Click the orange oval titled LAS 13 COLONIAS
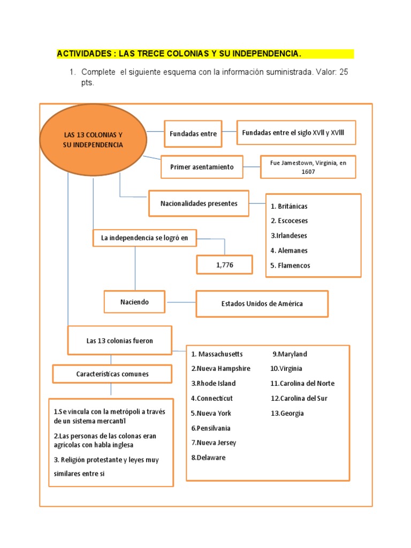pyautogui.click(x=93, y=140)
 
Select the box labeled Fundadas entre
pyautogui.click(x=193, y=134)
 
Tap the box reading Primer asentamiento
pyautogui.click(x=202, y=167)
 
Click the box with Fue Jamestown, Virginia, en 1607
pyautogui.click(x=308, y=167)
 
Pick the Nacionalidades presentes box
pyautogui.click(x=199, y=203)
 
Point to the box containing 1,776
pyautogui.click(x=225, y=264)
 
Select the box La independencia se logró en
pyautogui.click(x=144, y=238)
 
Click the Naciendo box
pyautogui.click(x=134, y=302)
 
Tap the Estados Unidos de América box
pyautogui.click(x=262, y=304)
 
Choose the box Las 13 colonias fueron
pyautogui.click(x=119, y=341)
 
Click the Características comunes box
pyautogui.click(x=112, y=374)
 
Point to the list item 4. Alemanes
pyautogui.click(x=289, y=250)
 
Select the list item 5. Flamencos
pyautogui.click(x=290, y=265)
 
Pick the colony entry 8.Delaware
pyautogui.click(x=208, y=458)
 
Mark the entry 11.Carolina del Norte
pyautogui.click(x=302, y=384)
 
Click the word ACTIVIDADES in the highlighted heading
pyautogui.click(x=85, y=54)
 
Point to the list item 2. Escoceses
pyautogui.click(x=289, y=221)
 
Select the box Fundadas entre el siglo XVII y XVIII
pyautogui.click(x=296, y=133)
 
